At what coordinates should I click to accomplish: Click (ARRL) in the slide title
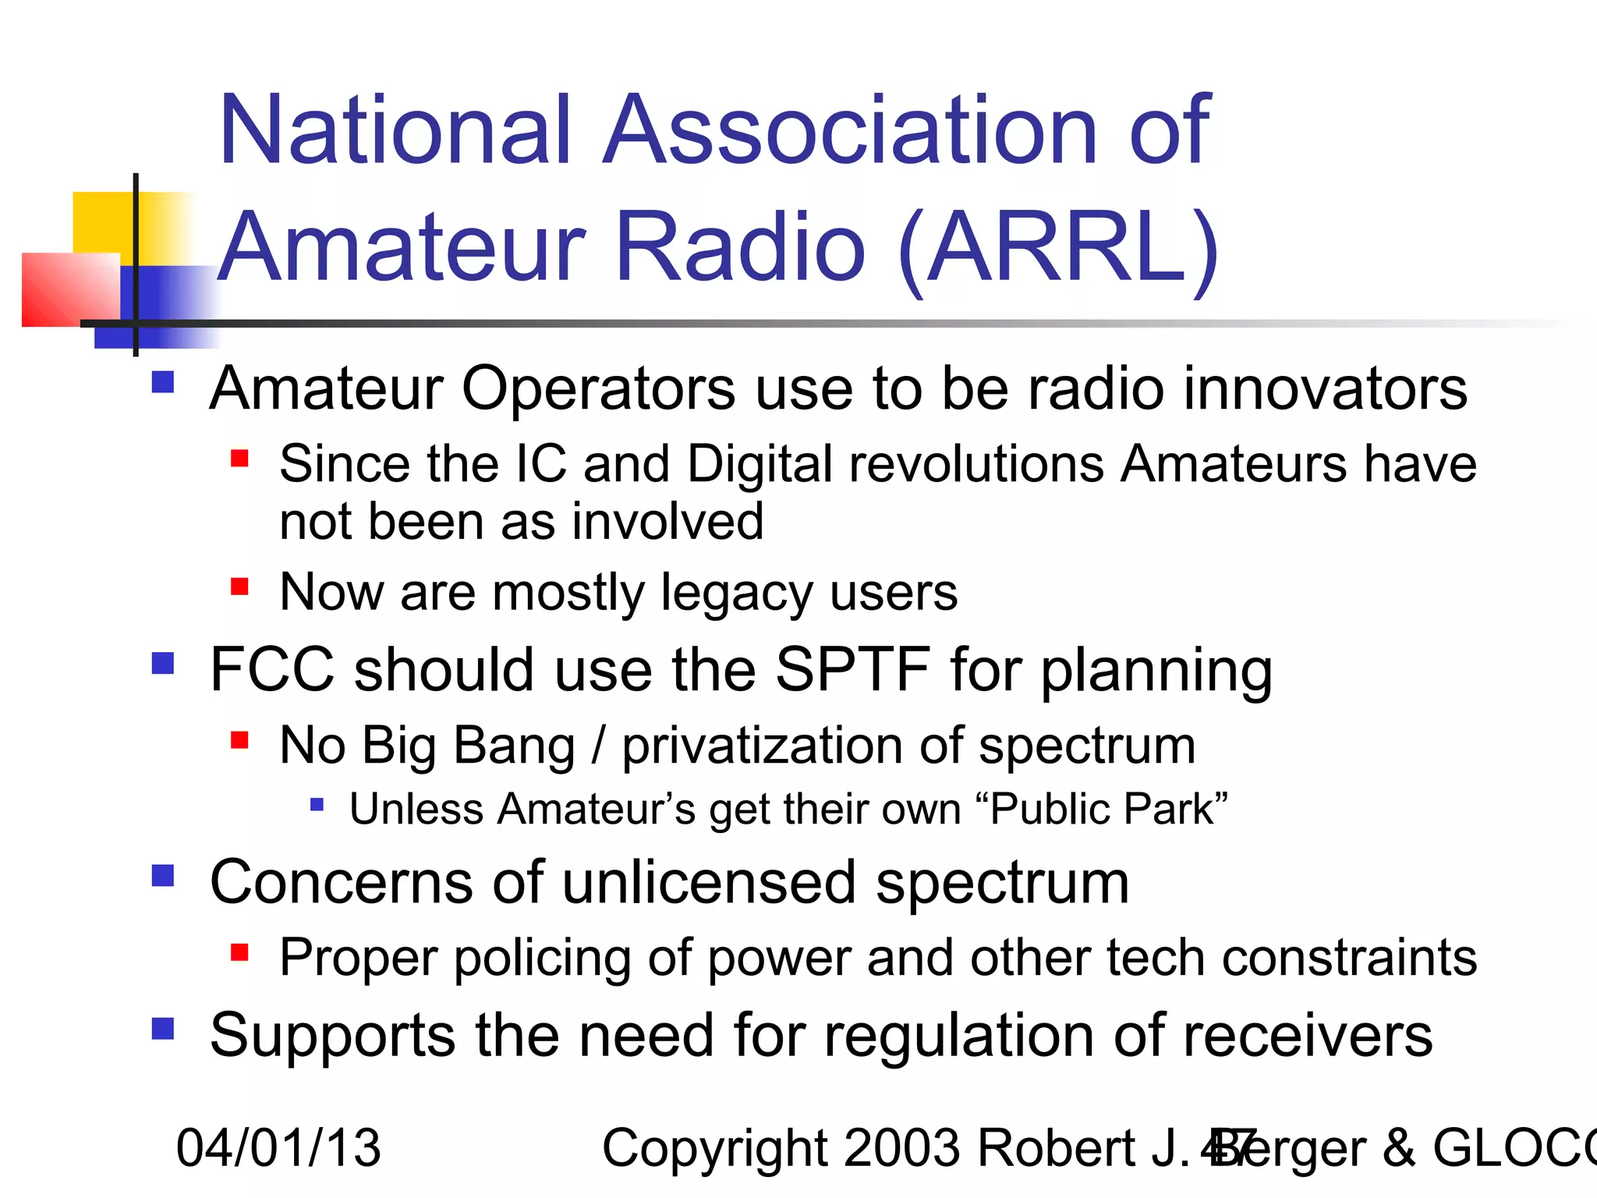pyautogui.click(x=1057, y=248)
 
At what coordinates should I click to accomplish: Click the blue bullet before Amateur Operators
pyautogui.click(x=162, y=382)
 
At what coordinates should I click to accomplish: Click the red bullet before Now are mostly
pyautogui.click(x=239, y=586)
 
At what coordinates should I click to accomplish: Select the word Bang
pyautogui.click(x=514, y=746)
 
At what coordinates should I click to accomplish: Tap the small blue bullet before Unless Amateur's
pyautogui.click(x=317, y=804)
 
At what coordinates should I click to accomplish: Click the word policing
pyautogui.click(x=542, y=958)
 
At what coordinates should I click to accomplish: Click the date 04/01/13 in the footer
pyautogui.click(x=278, y=1148)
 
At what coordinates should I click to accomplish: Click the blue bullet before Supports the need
pyautogui.click(x=162, y=1029)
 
